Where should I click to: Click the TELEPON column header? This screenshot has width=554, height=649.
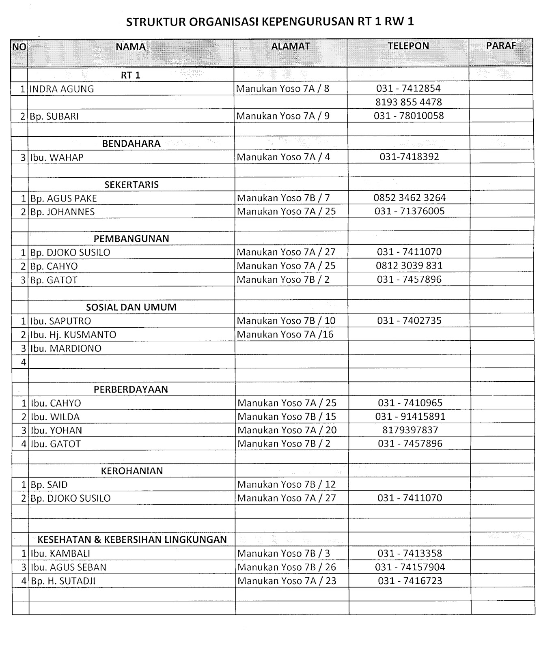[408, 46]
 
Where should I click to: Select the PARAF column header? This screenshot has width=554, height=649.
[501, 46]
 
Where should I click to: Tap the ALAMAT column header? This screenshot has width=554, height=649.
[290, 46]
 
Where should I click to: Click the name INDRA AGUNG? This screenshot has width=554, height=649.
[62, 89]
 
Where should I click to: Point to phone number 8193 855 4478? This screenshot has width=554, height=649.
[408, 102]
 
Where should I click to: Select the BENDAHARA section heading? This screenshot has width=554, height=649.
[131, 144]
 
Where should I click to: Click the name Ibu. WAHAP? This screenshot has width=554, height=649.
[57, 157]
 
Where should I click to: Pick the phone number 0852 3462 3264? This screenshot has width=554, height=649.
[409, 198]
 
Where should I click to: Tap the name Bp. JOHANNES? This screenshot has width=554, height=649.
[63, 212]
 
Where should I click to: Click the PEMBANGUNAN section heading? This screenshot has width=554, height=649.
[131, 239]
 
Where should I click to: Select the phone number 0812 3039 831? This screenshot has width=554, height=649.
[409, 266]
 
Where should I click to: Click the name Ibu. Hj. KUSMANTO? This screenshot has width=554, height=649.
[73, 335]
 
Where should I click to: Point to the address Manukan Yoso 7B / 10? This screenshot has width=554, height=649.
[286, 321]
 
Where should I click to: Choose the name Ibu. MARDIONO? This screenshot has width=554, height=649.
[66, 348]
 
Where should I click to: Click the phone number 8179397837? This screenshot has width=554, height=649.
[410, 430]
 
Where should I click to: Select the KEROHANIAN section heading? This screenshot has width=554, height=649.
[131, 471]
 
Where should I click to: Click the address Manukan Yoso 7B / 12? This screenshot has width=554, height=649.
[287, 484]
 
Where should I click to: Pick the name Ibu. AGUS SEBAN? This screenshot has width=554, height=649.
[69, 567]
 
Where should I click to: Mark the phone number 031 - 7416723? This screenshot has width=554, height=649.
[410, 581]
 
